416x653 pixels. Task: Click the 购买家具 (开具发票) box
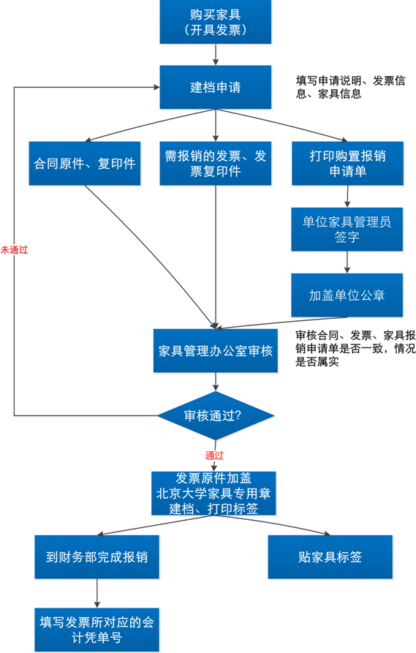point(215,22)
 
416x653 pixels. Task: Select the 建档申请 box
point(215,87)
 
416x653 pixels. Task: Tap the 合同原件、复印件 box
point(85,163)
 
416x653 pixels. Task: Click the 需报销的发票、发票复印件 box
point(215,163)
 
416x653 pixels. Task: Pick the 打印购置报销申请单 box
point(348,163)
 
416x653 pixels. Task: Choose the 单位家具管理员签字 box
point(347,229)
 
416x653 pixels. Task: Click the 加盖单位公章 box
point(347,295)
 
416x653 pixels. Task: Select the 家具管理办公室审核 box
point(215,351)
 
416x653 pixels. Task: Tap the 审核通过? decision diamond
point(215,415)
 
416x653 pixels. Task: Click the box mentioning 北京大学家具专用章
point(213,493)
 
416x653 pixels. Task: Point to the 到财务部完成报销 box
point(97,556)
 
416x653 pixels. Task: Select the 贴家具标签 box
point(330,556)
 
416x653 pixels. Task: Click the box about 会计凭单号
point(97,630)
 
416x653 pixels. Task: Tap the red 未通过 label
point(14,250)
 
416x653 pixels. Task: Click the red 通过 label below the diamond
point(214,455)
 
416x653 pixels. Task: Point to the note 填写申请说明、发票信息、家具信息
point(351,87)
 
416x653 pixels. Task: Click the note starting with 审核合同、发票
point(355,349)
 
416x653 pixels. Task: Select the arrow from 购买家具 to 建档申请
point(215,55)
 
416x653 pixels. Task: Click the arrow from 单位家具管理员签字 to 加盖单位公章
point(347,262)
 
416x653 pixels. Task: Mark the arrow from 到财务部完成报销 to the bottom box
point(97,593)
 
